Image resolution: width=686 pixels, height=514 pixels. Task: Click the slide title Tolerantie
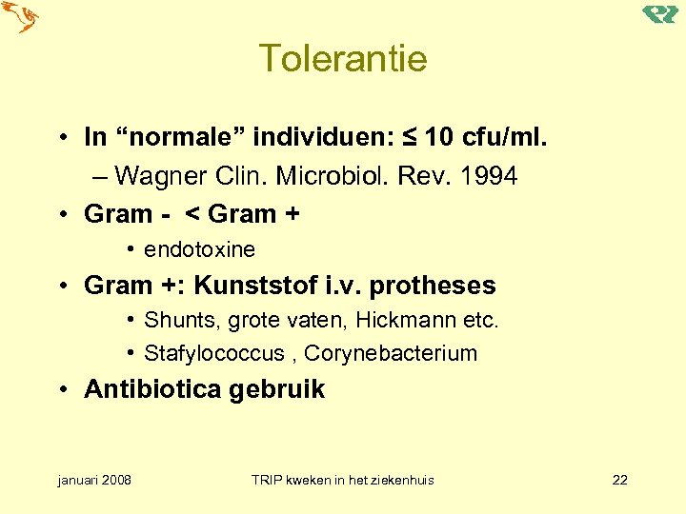(343, 59)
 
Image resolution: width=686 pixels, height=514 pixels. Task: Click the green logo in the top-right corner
(659, 13)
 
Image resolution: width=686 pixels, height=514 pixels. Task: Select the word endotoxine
(200, 249)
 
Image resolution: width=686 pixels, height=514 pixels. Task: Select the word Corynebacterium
(391, 354)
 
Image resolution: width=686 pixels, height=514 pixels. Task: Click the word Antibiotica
(152, 389)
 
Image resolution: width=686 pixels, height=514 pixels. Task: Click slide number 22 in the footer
(620, 480)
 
